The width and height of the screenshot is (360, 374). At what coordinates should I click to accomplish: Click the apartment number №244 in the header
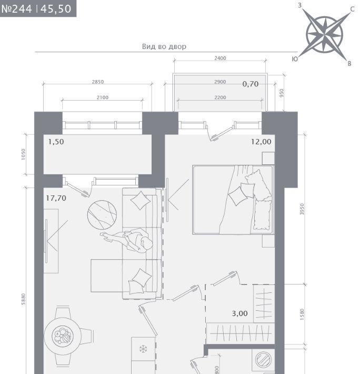[16, 9]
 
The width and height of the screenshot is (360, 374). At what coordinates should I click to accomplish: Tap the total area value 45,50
[56, 9]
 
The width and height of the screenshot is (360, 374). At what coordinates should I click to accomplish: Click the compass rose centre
[325, 35]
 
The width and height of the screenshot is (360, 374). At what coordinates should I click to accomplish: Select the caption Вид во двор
[164, 46]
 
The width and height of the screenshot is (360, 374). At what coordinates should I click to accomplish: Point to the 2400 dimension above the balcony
[220, 58]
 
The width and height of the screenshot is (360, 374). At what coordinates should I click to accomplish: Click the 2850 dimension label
[98, 82]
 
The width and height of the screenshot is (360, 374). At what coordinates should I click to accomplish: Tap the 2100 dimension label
[103, 97]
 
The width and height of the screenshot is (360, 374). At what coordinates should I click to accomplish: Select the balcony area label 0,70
[251, 84]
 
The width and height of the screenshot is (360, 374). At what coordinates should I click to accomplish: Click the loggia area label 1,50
[56, 142]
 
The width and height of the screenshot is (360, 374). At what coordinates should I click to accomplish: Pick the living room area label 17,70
[56, 198]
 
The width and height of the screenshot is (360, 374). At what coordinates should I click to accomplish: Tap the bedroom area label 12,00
[261, 142]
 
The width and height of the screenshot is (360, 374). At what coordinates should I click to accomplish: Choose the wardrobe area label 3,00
[239, 313]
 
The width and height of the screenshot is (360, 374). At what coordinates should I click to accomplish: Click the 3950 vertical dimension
[302, 209]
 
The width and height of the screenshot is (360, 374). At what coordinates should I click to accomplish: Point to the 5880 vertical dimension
[23, 299]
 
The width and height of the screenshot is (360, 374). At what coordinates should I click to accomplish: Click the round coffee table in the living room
[102, 215]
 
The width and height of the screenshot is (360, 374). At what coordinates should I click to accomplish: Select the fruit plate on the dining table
[63, 336]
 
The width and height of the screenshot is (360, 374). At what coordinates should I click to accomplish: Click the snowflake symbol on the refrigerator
[143, 349]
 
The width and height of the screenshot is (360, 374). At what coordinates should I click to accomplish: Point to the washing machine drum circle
[263, 359]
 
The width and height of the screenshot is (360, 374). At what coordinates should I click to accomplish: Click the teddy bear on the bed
[258, 185]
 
